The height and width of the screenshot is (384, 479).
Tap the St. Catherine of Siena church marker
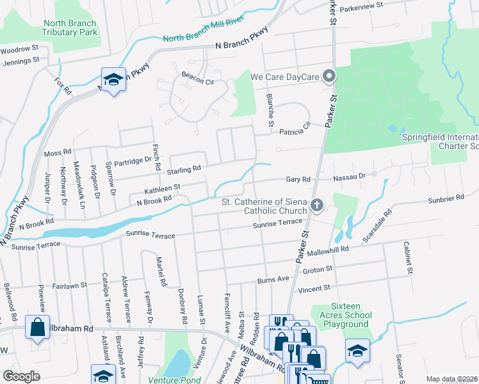coord(316,206)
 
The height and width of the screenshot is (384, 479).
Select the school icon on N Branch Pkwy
coord(113,80)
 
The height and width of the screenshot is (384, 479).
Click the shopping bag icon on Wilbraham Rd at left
coord(38,328)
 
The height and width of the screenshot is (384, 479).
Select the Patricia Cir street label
coord(295,132)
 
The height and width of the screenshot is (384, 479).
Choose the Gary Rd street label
coord(298,180)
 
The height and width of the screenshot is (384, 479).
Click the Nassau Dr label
coord(352,175)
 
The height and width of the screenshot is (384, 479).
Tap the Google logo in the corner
coord(21,376)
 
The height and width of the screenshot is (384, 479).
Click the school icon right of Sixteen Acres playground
coord(357,351)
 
